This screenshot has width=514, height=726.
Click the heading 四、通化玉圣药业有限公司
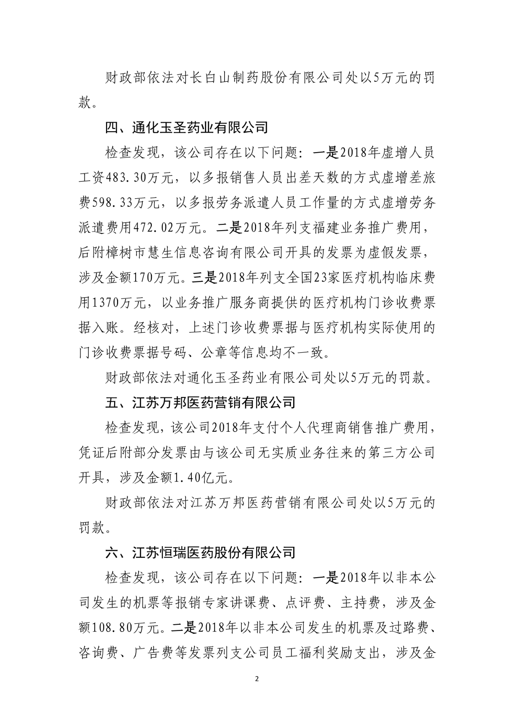pos(186,127)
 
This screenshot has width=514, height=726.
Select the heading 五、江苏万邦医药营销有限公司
pos(200,402)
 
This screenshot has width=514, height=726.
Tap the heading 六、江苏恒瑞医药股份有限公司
pos(200,552)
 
